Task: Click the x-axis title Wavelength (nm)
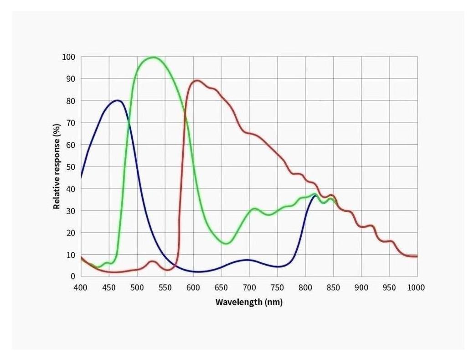[249, 302]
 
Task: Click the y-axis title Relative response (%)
[57, 167]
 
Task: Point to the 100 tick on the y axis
[69, 57]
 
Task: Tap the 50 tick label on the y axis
[71, 167]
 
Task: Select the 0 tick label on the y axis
[72, 277]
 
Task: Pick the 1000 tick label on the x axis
[416, 287]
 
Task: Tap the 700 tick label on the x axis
[249, 287]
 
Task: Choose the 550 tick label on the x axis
[165, 287]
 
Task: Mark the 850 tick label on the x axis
[333, 287]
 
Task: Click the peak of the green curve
[153, 57]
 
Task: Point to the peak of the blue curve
[118, 100]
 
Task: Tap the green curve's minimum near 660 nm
[226, 243]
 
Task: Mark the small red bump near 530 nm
[152, 261]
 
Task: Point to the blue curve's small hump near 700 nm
[247, 260]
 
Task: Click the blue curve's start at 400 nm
[81, 177]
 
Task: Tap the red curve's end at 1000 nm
[417, 256]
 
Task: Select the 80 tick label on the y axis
[71, 101]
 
